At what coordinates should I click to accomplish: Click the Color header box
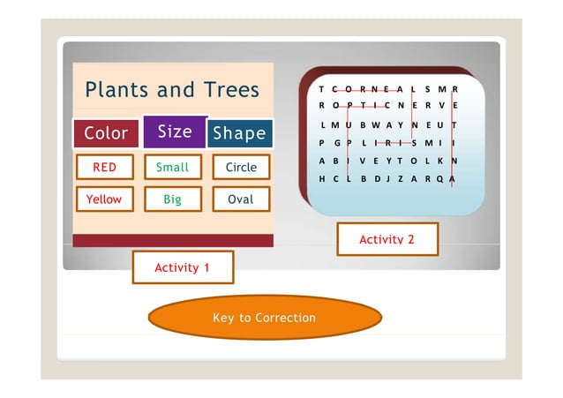click(x=106, y=134)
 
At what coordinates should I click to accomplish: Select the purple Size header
click(x=174, y=131)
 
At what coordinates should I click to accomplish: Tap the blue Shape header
click(x=239, y=134)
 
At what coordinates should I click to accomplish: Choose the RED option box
click(x=104, y=167)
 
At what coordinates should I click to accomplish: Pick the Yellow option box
click(x=104, y=199)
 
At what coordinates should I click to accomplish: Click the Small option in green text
click(x=172, y=167)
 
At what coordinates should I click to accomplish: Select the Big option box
click(x=172, y=199)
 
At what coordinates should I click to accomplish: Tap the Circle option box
click(x=241, y=167)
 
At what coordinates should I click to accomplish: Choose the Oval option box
click(x=241, y=199)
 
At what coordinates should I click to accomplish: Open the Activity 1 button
click(x=183, y=267)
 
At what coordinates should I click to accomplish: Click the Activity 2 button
click(x=387, y=239)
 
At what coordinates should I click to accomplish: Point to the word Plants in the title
click(x=116, y=90)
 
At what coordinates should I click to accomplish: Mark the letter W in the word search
click(x=375, y=124)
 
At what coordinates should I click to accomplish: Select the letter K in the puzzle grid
click(x=440, y=161)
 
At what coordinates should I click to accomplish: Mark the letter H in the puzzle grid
click(x=323, y=178)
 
